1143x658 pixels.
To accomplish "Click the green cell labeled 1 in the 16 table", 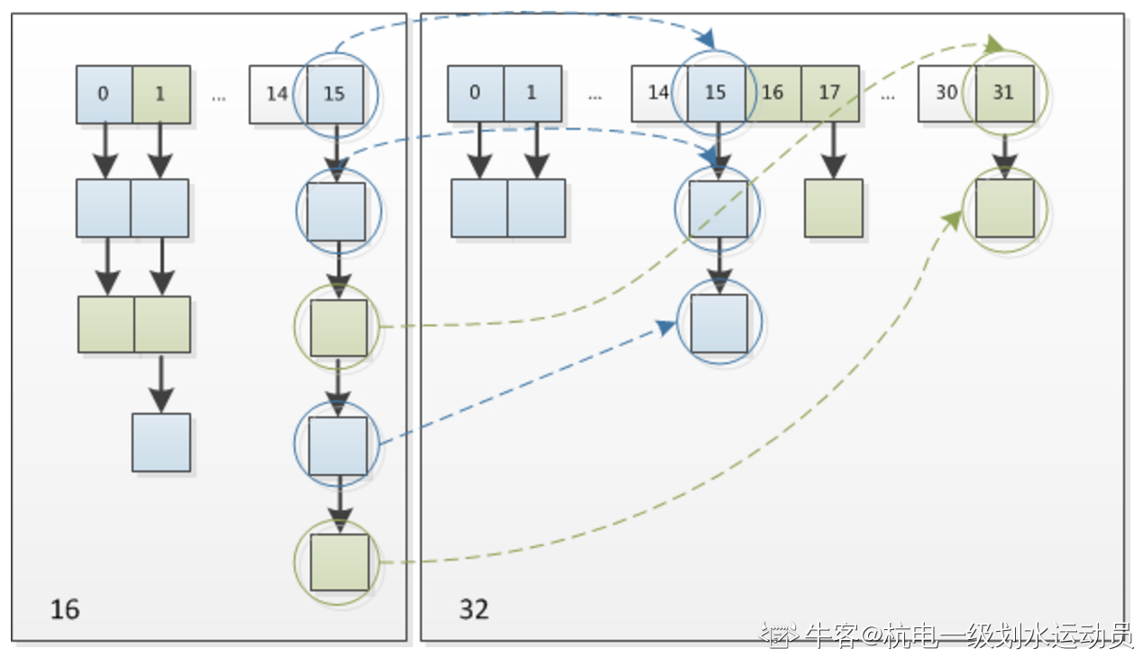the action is [161, 95].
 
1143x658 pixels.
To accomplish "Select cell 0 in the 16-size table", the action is [104, 95].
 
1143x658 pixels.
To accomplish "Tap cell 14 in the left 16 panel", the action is [277, 95].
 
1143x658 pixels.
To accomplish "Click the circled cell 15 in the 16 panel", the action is [335, 95].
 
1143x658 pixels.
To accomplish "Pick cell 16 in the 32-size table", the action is [773, 93].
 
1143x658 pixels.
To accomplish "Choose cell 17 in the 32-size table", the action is [830, 93].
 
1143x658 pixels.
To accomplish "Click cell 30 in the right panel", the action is [946, 93].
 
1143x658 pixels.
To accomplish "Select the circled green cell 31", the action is [1005, 93].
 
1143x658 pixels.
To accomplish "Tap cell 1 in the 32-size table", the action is [533, 93].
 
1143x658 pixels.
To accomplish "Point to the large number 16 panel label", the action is [65, 609].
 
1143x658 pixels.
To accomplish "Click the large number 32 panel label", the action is [474, 609].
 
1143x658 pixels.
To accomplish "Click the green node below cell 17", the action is [834, 208].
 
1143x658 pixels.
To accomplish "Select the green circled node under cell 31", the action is [1005, 208].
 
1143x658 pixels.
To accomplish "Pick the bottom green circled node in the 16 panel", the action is [339, 562].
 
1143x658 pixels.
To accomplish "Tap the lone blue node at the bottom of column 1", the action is [161, 443].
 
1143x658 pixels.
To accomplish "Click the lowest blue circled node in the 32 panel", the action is [719, 324].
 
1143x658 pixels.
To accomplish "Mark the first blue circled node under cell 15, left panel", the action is [336, 212].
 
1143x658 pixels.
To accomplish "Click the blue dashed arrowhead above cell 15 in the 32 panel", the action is [707, 40].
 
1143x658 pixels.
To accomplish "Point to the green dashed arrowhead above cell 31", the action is [994, 44].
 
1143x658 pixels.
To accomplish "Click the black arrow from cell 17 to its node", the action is [833, 151].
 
